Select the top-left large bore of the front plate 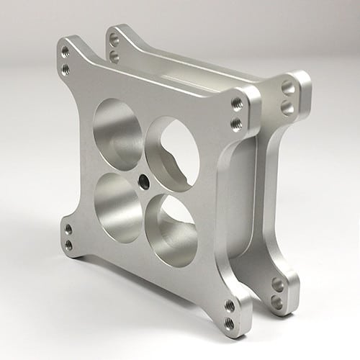click(x=118, y=125)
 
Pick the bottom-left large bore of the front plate click(x=117, y=206)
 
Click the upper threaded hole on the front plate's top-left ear click(x=66, y=51)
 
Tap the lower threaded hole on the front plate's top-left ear click(x=66, y=68)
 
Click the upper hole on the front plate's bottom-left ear click(x=68, y=230)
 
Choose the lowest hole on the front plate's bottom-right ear click(x=229, y=323)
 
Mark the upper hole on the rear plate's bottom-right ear click(x=278, y=284)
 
